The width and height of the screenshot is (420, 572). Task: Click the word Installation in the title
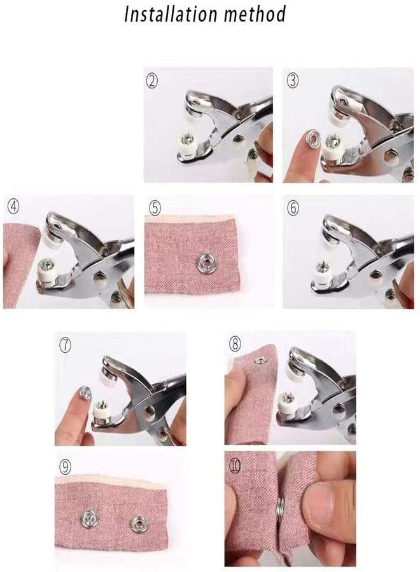click(x=169, y=14)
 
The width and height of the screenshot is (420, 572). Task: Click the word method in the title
click(x=253, y=14)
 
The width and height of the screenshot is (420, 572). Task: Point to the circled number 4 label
click(x=13, y=206)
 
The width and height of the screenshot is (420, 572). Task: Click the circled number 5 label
click(x=155, y=207)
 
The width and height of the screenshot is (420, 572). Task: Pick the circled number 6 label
click(x=293, y=207)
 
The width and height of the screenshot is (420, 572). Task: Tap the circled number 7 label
click(x=66, y=344)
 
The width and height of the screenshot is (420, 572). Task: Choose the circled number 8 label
click(x=235, y=344)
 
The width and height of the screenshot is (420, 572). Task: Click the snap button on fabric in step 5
click(x=205, y=262)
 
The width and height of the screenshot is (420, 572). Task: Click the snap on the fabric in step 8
click(x=259, y=361)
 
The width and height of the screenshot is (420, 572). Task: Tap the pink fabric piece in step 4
click(x=19, y=264)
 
